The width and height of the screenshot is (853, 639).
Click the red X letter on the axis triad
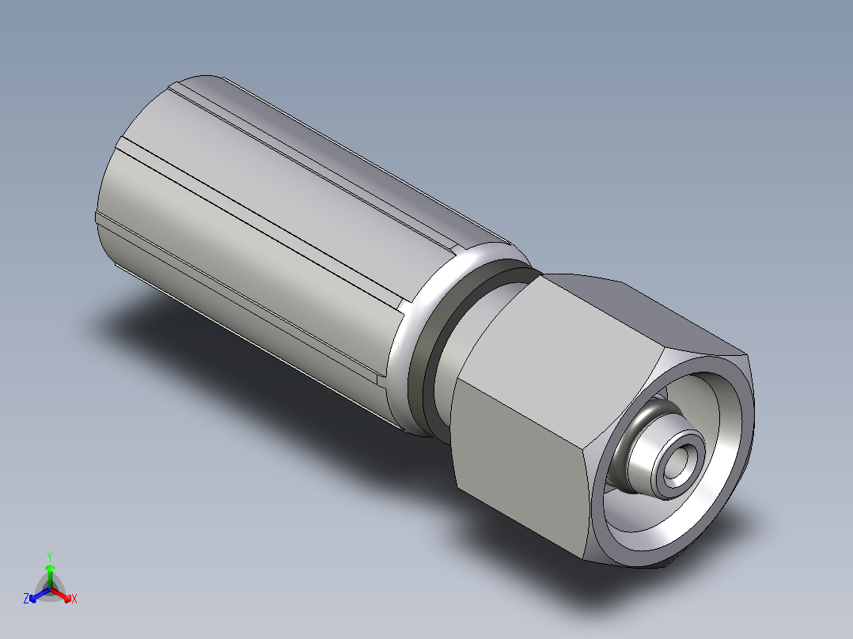(x=74, y=599)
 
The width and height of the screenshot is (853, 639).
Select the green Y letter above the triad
(x=50, y=555)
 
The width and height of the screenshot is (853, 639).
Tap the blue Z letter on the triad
(x=26, y=599)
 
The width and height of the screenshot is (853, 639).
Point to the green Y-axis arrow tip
(x=50, y=569)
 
